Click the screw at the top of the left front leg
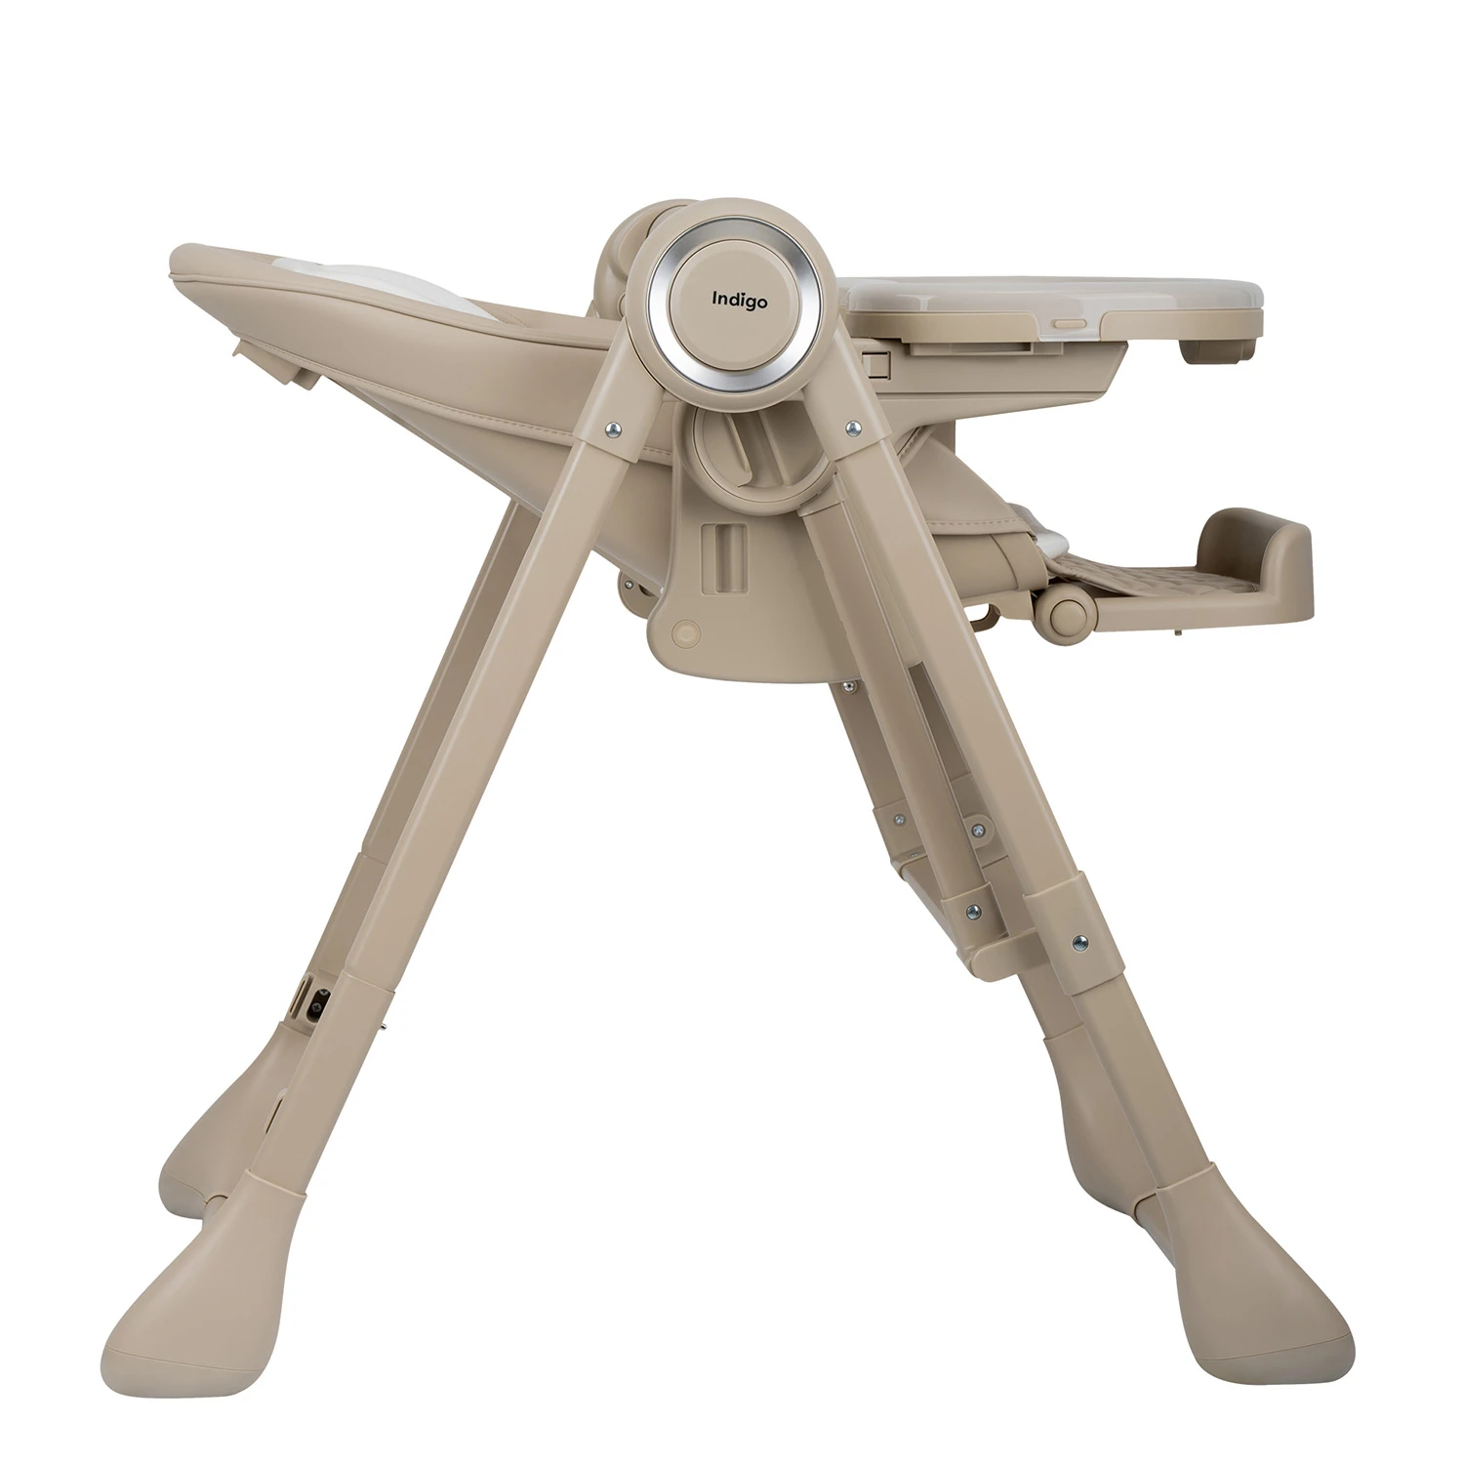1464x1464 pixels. click(x=611, y=427)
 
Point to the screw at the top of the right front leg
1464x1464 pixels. click(x=854, y=427)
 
